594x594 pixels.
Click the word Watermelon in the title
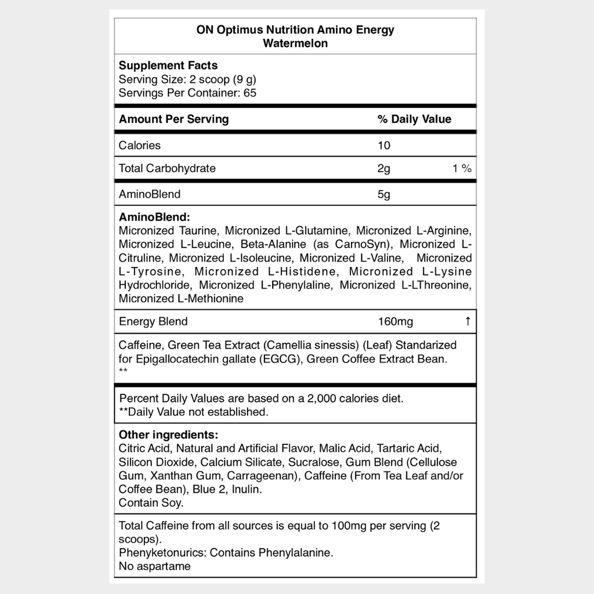pos(295,44)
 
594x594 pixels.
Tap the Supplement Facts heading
pos(168,66)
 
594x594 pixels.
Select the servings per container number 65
pos(250,93)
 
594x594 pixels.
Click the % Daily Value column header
pos(414,119)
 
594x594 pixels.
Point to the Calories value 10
pos(384,145)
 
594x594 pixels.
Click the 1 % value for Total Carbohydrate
pos(462,169)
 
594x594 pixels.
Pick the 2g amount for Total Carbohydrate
pos(384,169)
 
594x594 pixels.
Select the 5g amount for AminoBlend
pos(384,194)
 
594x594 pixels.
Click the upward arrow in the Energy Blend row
pos(468,321)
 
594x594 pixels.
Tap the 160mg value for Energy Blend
pos(396,321)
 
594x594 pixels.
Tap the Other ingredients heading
pos(168,435)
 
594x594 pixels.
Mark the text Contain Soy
pos(151,503)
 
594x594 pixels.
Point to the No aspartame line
pos(154,566)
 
